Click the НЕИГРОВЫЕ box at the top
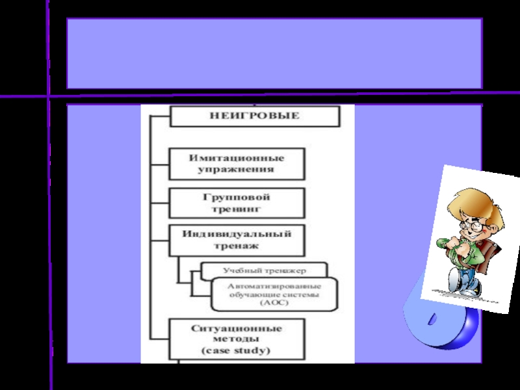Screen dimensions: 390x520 (254, 116)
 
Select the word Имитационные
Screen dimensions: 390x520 (237, 157)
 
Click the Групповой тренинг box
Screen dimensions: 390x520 (237, 203)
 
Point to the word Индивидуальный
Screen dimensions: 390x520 (237, 233)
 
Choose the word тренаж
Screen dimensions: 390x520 (237, 246)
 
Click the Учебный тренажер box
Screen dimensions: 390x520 (264, 269)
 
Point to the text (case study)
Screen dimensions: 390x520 (235, 351)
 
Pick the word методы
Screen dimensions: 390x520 (235, 339)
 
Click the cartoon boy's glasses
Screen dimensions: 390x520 (473, 225)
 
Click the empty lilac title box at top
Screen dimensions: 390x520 (274, 53)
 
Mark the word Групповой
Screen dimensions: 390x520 (237, 197)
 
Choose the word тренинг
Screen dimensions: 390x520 (237, 209)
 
